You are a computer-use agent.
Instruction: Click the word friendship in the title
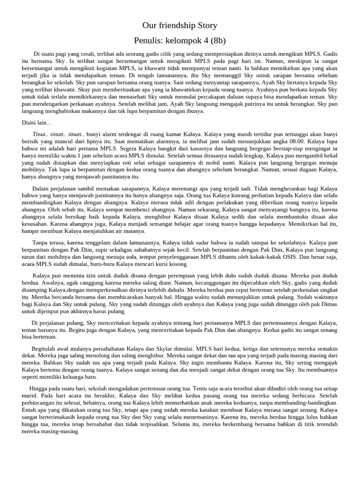(179, 25)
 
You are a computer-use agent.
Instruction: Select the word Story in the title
(207, 25)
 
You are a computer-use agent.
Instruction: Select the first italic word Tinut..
(40, 133)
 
